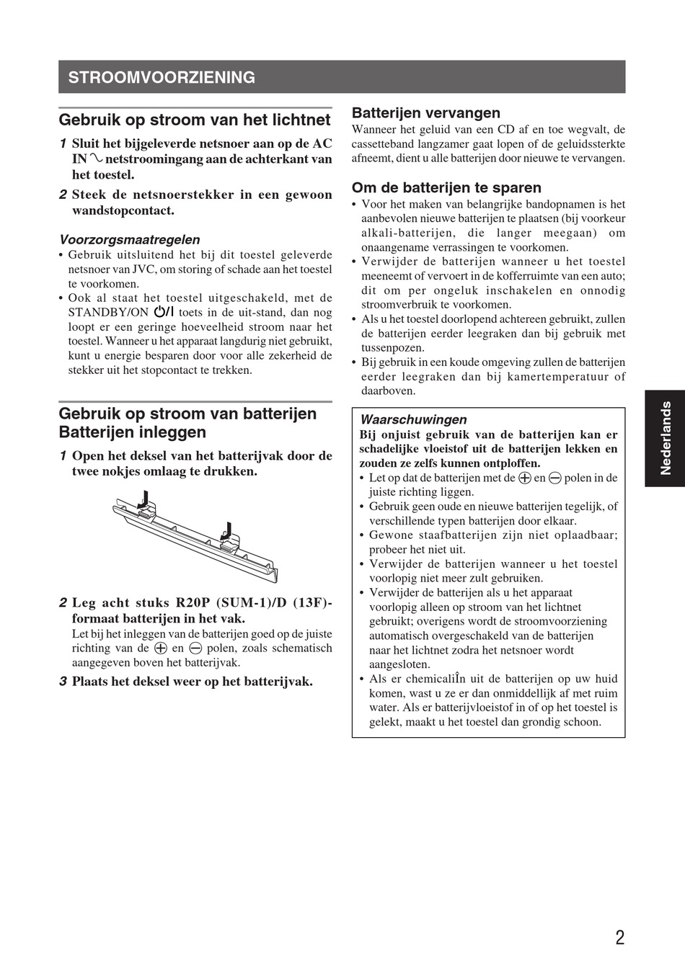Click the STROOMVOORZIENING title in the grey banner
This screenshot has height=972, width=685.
pos(162,77)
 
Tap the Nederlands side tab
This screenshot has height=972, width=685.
pos(665,438)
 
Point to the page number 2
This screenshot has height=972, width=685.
pos(620,937)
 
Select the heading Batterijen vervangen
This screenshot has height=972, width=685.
pos(425,112)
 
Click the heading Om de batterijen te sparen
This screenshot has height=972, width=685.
pos(446,187)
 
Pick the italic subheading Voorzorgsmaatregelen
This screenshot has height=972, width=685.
pos(130,239)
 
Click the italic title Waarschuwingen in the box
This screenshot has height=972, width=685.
pos(413,419)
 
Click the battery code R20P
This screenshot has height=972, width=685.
pos(193,602)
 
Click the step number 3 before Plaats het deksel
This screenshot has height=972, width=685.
pos(63,681)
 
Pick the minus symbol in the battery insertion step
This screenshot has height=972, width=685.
pos(195,648)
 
